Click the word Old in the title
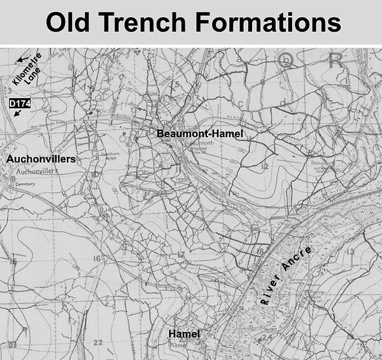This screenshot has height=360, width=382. pos(69,24)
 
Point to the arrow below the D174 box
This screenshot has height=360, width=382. pos(15,113)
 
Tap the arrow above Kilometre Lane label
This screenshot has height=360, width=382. pos(23,59)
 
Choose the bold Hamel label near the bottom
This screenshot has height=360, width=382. pos(184,334)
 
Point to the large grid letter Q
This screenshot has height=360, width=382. pos(286,60)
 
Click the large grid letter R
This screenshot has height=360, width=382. pos(334,60)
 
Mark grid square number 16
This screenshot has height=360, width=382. pos(97,258)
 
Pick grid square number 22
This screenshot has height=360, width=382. pos(97,342)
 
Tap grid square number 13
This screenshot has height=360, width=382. pos(348,253)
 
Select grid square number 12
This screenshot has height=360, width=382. pos(265,167)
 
